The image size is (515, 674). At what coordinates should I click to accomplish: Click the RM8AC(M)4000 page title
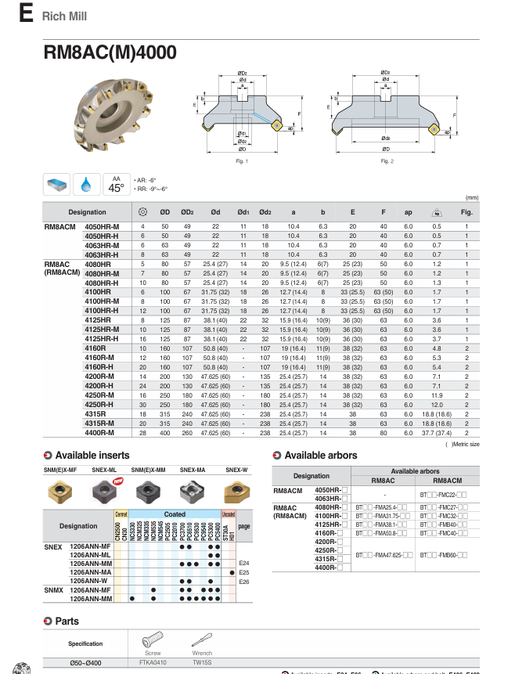pyautogui.click(x=110, y=52)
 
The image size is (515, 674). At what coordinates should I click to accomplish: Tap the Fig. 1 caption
pyautogui.click(x=241, y=161)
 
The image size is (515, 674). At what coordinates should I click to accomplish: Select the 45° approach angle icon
pyautogui.click(x=117, y=184)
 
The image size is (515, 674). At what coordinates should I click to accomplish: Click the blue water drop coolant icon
pyautogui.click(x=86, y=185)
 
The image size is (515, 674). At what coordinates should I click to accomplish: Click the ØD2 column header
pyautogui.click(x=188, y=212)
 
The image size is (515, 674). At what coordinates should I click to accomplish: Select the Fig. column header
pyautogui.click(x=466, y=212)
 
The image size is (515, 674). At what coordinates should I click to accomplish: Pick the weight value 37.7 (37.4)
pyautogui.click(x=436, y=433)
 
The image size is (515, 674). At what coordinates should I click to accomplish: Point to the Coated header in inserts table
pyautogui.click(x=175, y=514)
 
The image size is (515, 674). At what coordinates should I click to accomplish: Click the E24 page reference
pyautogui.click(x=243, y=563)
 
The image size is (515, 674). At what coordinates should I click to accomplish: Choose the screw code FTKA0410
pyautogui.click(x=153, y=662)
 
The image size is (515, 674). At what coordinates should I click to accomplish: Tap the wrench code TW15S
pyautogui.click(x=202, y=662)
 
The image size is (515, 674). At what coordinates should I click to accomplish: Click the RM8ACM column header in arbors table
pyautogui.click(x=446, y=480)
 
